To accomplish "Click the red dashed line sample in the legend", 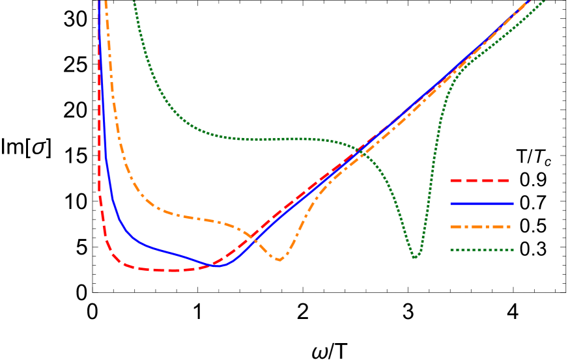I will click(x=479, y=180).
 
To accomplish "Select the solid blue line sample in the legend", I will click(x=481, y=204).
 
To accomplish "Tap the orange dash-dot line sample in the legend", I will click(x=480, y=227).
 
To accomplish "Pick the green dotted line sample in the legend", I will click(x=481, y=250).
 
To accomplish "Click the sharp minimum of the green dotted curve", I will click(x=415, y=257).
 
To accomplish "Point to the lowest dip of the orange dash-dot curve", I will click(x=279, y=260).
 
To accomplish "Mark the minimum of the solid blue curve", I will click(x=220, y=266).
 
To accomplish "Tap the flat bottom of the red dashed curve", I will click(x=166, y=270).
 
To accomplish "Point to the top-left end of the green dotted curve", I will click(x=134, y=2).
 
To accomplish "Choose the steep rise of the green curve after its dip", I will click(x=432, y=163).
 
